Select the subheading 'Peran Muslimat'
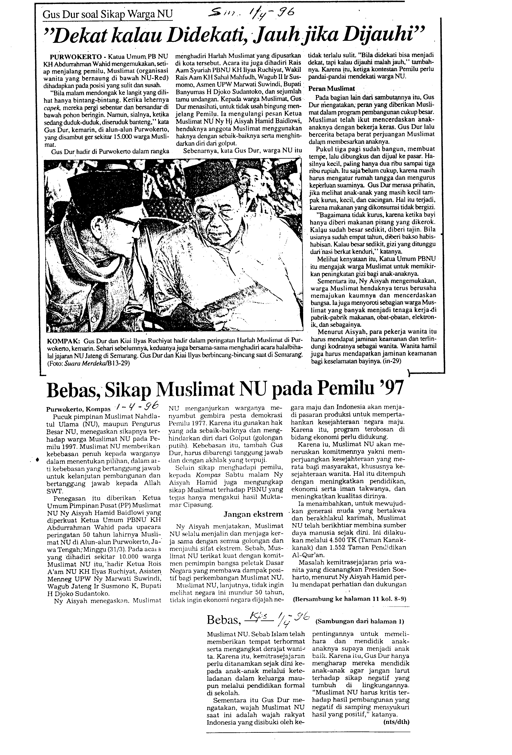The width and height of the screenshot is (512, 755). tap(331, 88)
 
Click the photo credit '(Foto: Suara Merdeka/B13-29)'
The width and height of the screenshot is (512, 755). tap(88, 363)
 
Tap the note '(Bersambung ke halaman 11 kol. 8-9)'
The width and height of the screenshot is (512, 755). tap(349, 598)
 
